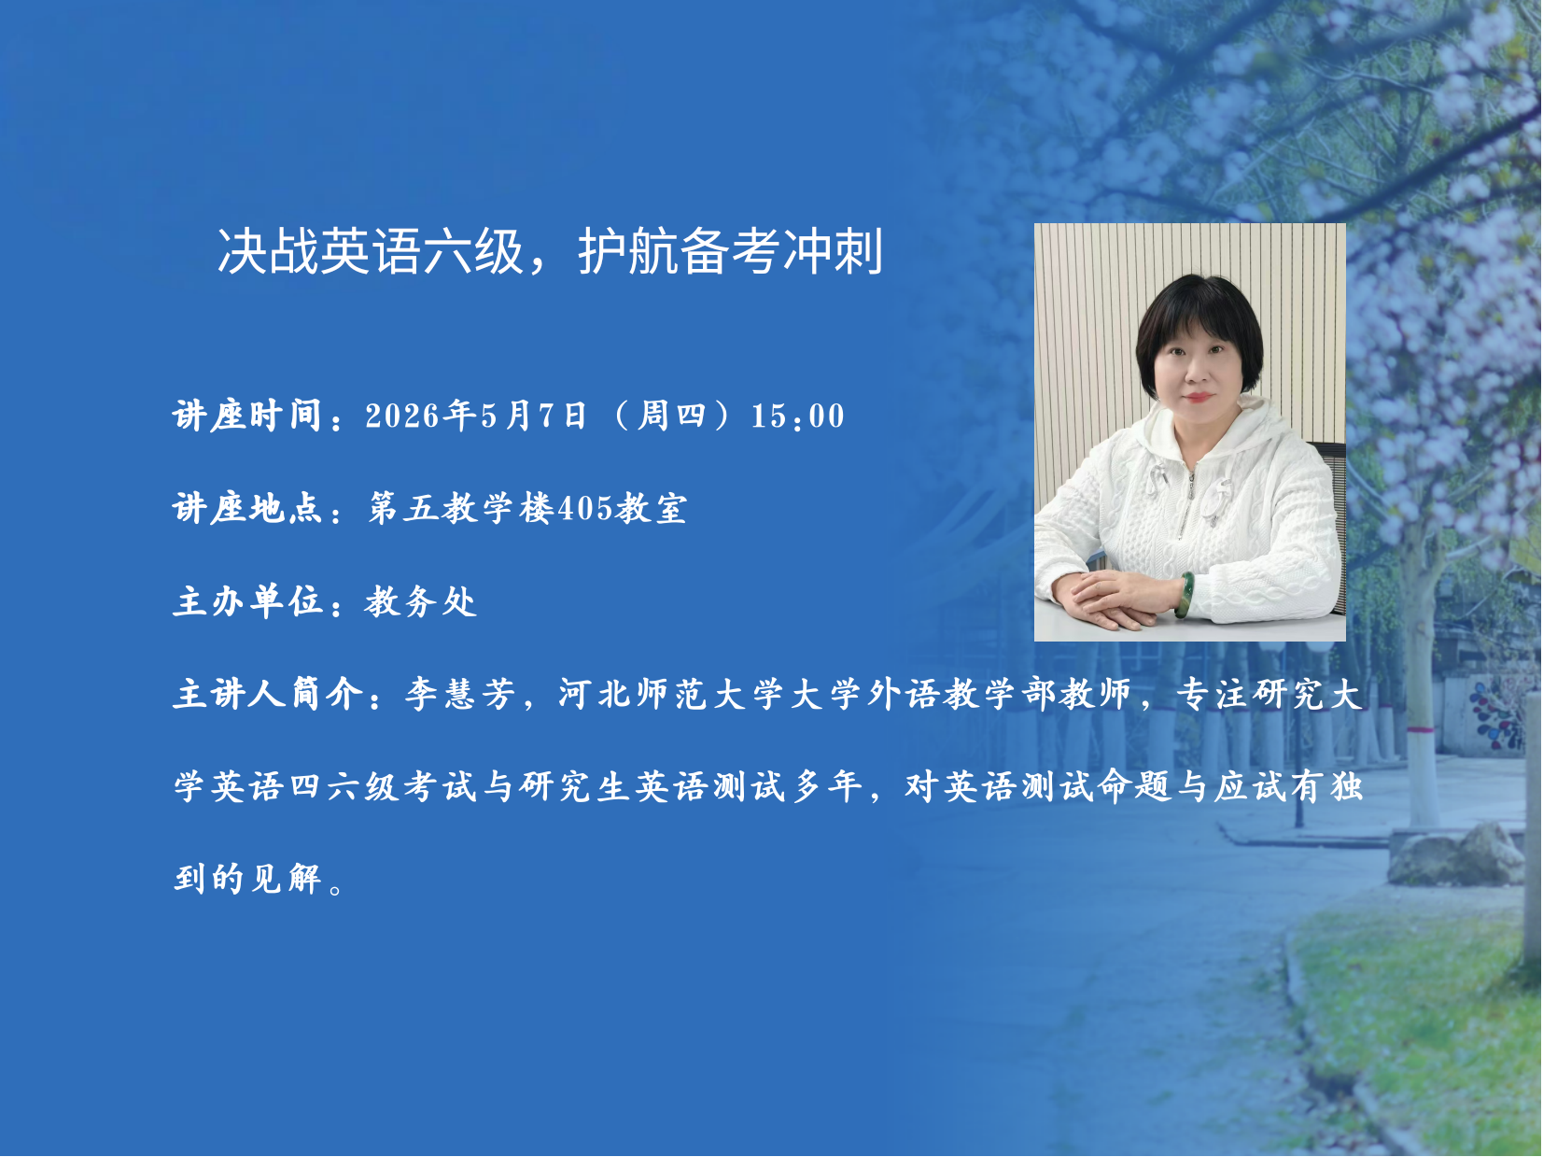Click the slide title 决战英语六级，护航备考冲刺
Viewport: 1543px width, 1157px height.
(550, 251)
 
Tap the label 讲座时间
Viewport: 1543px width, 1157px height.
(246, 416)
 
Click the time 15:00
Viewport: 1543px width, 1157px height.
(798, 416)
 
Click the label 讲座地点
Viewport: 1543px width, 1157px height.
(246, 507)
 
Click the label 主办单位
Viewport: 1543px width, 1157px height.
(246, 601)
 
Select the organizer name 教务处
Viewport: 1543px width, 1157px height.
(421, 601)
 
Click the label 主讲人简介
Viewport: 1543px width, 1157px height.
(267, 695)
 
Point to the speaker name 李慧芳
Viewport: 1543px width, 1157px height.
(461, 695)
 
